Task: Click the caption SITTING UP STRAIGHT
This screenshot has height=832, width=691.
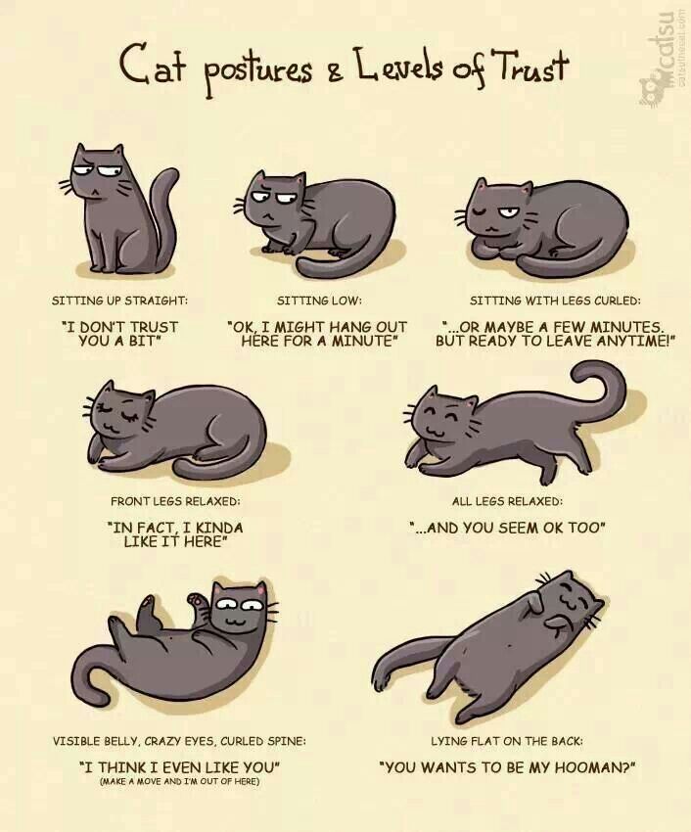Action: [120, 300]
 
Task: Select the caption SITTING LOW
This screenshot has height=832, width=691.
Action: [319, 300]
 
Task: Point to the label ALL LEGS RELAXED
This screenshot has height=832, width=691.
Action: [507, 501]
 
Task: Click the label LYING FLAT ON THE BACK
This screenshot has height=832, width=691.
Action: [507, 741]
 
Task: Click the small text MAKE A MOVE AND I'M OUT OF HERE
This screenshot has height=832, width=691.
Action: [179, 782]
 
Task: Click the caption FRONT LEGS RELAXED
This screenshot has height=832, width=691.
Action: [175, 501]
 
